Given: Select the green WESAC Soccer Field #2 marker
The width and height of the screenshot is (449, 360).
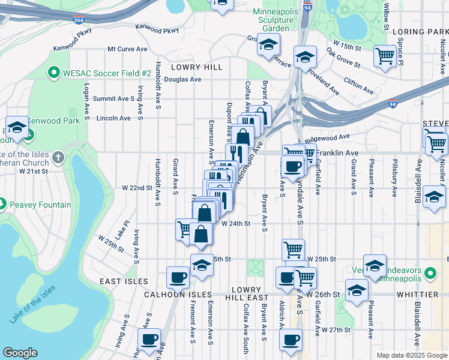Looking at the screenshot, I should coord(53,73).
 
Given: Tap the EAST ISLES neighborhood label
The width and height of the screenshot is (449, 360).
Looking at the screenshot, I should coord(124,281).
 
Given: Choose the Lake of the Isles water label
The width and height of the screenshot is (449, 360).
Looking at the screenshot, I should coord(32,304).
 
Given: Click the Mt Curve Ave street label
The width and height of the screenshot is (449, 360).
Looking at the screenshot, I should coord(127,49).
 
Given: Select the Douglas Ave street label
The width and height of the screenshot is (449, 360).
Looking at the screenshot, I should coord(182,79).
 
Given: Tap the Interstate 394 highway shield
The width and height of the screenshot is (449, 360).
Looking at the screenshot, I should coord(79,20).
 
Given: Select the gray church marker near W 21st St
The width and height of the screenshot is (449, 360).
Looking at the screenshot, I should coord(58,158).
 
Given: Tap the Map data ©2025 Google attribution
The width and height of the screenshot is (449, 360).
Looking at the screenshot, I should coord(411,355).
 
